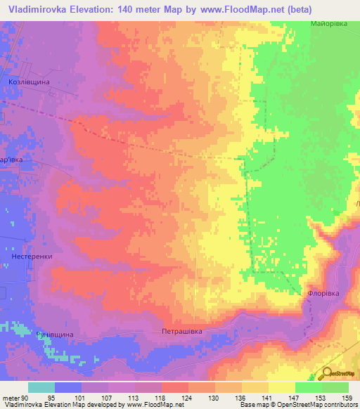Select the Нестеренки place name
[32, 257]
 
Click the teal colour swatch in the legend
[41, 387]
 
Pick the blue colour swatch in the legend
[68, 387]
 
